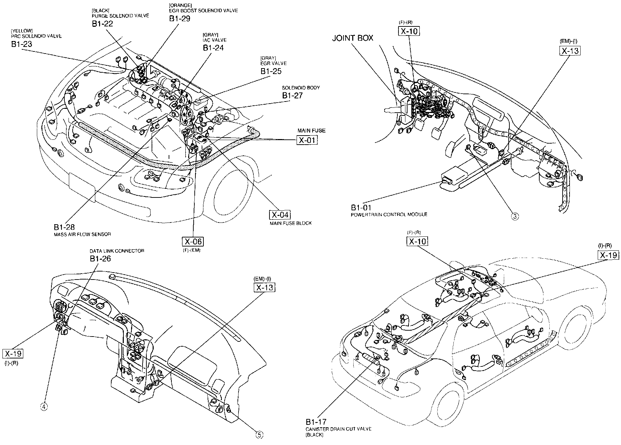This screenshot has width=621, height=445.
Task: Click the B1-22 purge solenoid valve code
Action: [x=103, y=24]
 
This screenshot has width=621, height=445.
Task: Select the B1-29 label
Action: [x=180, y=18]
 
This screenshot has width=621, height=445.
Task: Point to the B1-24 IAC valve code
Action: [x=213, y=48]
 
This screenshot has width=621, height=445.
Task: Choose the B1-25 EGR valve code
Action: [x=271, y=71]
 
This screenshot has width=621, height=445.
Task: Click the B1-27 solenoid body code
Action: [x=292, y=96]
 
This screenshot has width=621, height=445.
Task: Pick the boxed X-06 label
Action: [x=193, y=242]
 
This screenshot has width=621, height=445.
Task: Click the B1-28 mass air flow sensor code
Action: [x=64, y=227]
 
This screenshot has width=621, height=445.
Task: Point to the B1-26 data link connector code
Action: [x=100, y=258]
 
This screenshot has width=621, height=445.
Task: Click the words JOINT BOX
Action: [x=353, y=38]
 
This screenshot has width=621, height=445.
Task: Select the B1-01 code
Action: [x=361, y=208]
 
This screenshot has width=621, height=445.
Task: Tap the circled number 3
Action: [x=515, y=216]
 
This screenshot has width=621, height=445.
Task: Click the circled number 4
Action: [x=44, y=407]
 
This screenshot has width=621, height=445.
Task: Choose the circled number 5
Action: [x=259, y=434]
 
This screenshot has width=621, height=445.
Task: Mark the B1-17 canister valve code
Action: [x=316, y=422]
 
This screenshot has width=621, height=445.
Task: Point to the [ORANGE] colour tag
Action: [x=180, y=5]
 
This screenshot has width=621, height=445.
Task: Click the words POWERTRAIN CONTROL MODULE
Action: [x=389, y=215]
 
